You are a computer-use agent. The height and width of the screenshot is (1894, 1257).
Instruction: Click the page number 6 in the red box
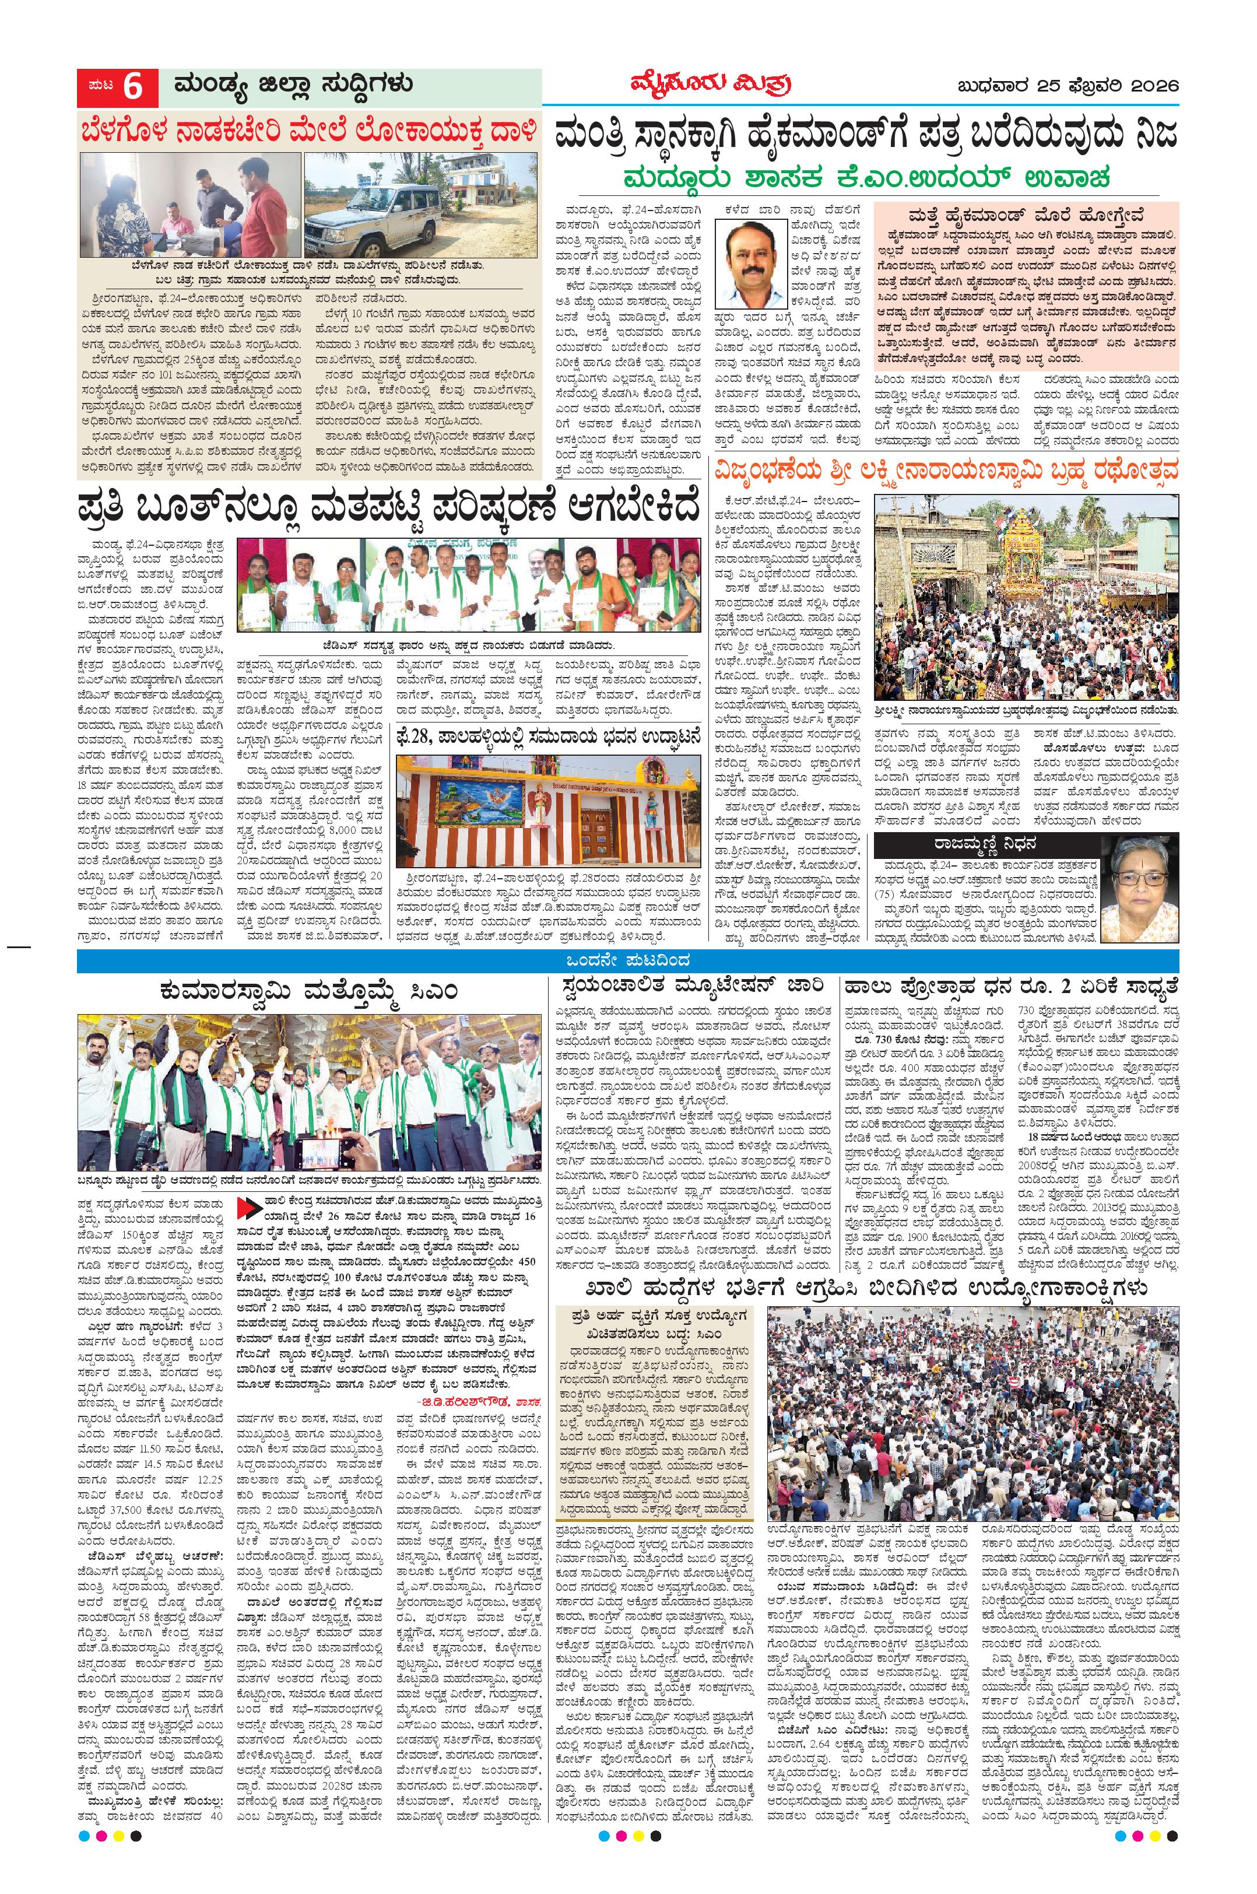(x=132, y=87)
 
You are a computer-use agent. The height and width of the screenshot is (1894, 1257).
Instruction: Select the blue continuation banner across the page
(x=628, y=960)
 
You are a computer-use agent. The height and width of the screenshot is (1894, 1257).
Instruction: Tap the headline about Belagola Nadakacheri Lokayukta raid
(x=308, y=130)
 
